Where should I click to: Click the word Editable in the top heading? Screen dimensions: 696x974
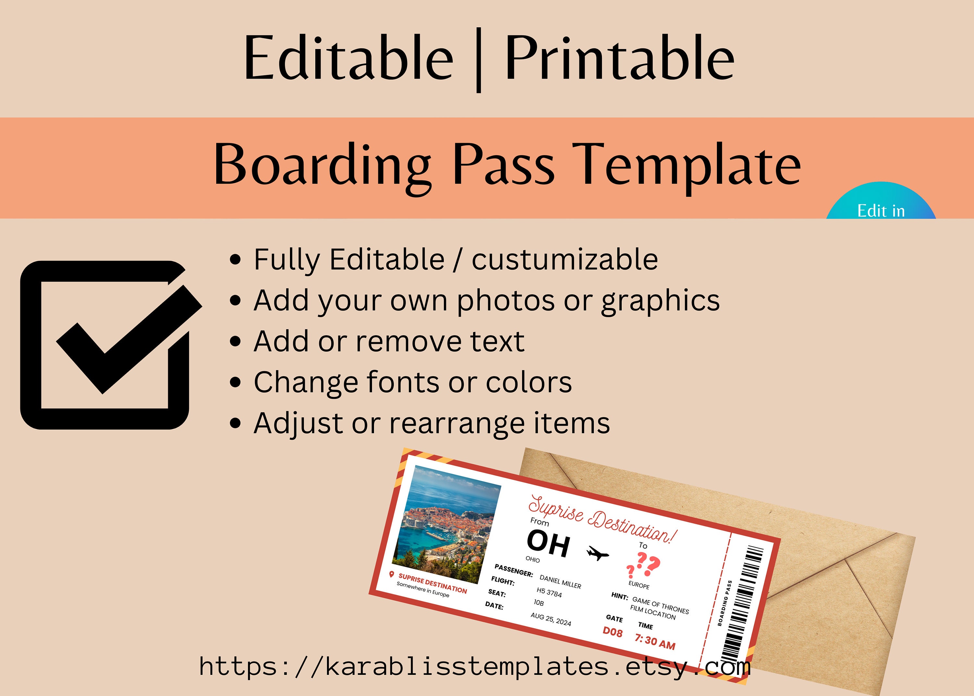click(x=348, y=58)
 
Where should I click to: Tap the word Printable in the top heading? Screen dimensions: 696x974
click(x=620, y=58)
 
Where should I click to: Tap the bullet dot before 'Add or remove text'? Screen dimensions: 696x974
click(x=235, y=342)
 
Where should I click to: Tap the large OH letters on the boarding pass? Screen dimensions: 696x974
click(x=548, y=543)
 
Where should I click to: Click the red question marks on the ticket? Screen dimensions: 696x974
click(x=643, y=565)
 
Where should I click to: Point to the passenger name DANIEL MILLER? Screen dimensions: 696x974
click(x=560, y=582)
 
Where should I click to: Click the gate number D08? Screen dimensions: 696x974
click(x=613, y=632)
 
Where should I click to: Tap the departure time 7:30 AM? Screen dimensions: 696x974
click(x=655, y=641)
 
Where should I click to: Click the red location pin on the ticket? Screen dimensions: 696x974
click(x=391, y=574)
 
